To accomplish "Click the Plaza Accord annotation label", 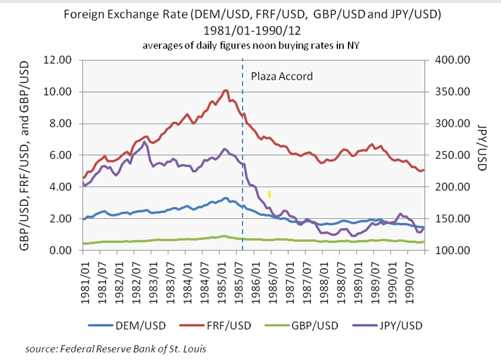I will click(282, 76).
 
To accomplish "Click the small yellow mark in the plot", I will click(269, 194).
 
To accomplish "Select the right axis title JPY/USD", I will click(482, 155).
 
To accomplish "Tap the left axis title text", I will click(26, 155).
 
